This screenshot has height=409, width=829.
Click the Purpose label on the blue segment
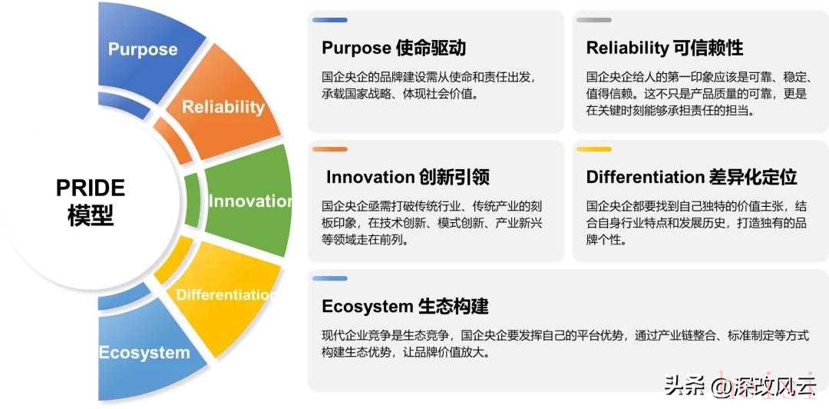point(143,49)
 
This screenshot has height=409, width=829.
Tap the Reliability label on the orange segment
point(223,107)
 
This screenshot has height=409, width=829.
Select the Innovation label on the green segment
point(250,201)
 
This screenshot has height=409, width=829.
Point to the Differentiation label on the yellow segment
point(225,294)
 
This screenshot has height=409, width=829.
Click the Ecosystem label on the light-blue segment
point(144,352)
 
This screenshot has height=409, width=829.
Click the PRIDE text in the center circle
point(91,188)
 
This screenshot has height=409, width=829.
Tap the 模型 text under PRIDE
point(91,216)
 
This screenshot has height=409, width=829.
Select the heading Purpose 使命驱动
point(394,48)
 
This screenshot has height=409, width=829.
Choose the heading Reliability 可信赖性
point(665,48)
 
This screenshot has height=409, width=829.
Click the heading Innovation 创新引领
point(408,177)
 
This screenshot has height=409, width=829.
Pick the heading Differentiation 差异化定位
point(692,177)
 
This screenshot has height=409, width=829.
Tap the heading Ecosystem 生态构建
point(405,306)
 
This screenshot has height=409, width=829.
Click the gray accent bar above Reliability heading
point(593,20)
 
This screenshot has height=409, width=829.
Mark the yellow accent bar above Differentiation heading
point(593,149)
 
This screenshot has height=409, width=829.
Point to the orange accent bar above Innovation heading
point(330,149)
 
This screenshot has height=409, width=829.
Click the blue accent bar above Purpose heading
point(330,20)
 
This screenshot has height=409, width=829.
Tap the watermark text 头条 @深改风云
point(740,386)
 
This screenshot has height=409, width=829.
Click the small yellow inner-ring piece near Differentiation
point(175,260)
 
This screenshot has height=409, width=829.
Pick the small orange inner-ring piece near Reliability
point(174,140)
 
